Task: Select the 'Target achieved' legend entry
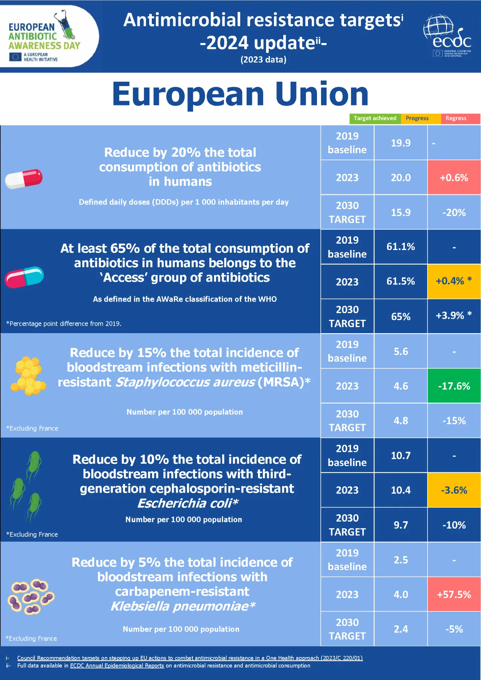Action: (375, 118)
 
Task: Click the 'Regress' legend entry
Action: (456, 118)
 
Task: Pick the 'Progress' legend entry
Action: (417, 118)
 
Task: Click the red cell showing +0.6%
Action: (454, 177)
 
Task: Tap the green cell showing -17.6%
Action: (454, 386)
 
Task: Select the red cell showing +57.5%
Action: (454, 594)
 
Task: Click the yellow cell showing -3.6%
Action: (454, 490)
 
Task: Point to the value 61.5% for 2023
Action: (400, 281)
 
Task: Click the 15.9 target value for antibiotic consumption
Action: (400, 212)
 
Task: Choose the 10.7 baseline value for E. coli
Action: (400, 455)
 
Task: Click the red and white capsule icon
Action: (24, 178)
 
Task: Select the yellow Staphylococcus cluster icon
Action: (28, 375)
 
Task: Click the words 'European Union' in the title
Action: (240, 94)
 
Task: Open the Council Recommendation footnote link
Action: (190, 658)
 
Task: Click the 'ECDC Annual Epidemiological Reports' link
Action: (117, 666)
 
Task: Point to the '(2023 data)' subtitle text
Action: (263, 60)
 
